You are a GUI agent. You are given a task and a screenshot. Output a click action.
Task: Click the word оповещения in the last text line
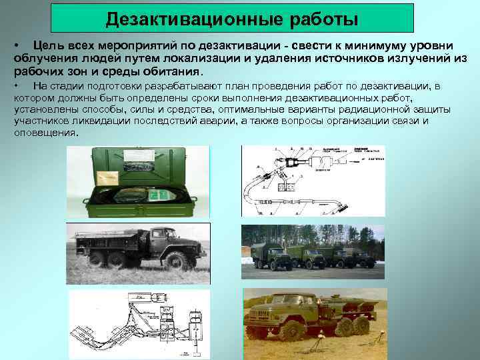coord(45,133)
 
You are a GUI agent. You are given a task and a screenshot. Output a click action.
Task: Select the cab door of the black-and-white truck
coord(159,241)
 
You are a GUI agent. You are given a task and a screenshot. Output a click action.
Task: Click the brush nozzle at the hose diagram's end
coord(344,207)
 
